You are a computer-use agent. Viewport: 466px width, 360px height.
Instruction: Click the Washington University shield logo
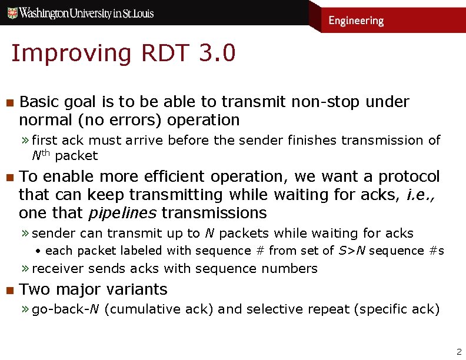(12, 12)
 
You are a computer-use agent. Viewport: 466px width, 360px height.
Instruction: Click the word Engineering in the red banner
(355, 21)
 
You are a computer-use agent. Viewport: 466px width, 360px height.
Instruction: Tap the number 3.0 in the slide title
(217, 53)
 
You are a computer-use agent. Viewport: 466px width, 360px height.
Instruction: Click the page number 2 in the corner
(459, 352)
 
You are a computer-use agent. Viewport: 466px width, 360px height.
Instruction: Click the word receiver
(58, 269)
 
